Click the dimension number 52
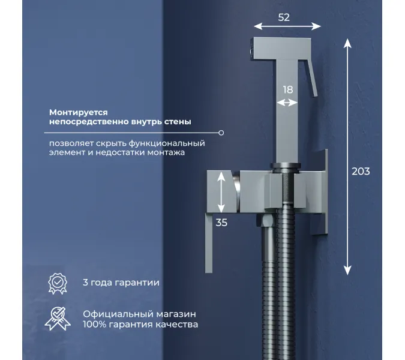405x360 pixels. click(x=284, y=17)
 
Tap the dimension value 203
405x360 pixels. click(x=361, y=171)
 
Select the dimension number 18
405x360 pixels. click(x=287, y=89)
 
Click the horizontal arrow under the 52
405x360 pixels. click(x=287, y=26)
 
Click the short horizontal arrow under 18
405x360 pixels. click(x=287, y=103)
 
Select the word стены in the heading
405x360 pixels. click(x=178, y=122)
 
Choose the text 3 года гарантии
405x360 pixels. click(x=121, y=282)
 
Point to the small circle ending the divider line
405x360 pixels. click(x=221, y=133)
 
